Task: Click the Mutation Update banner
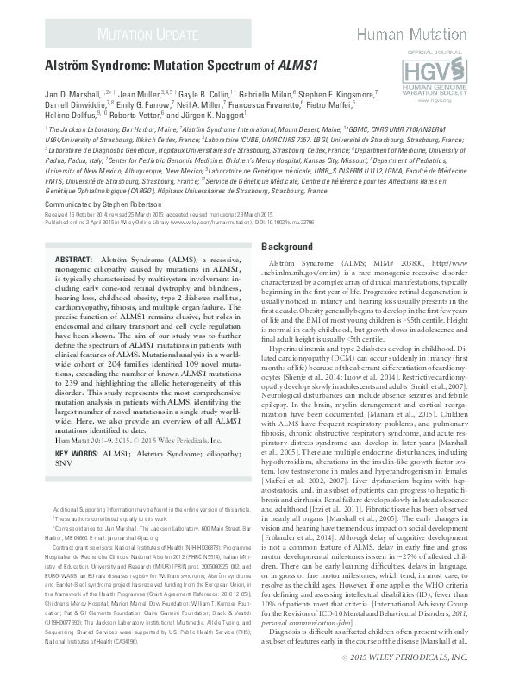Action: tap(141, 35)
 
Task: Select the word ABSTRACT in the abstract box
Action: tap(74, 259)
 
